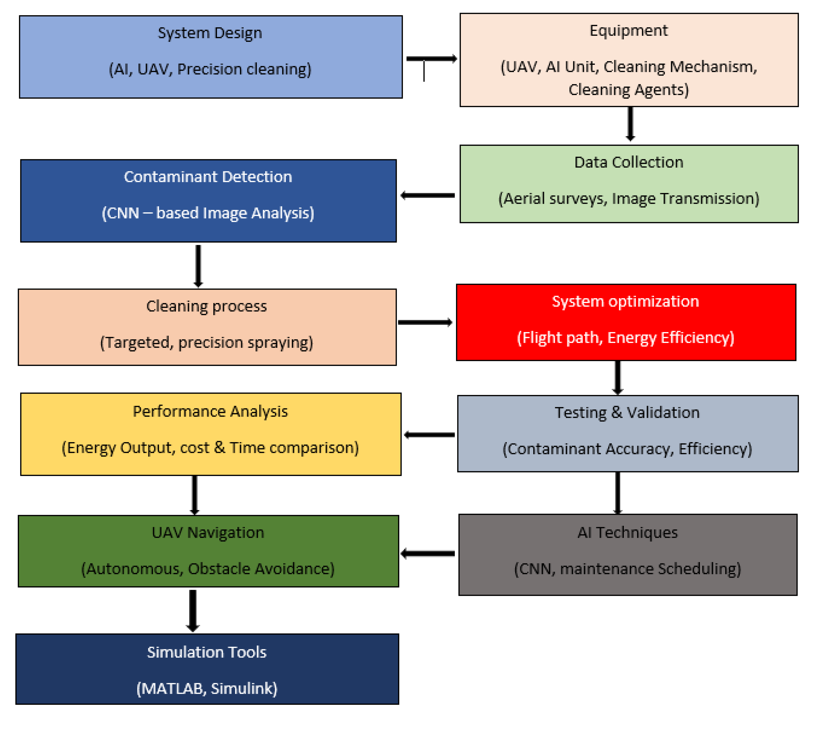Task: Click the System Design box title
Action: click(210, 33)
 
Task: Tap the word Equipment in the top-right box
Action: click(628, 30)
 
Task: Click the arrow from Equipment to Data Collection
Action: click(630, 123)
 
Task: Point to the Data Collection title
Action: click(628, 162)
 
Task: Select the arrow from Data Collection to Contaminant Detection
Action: click(428, 195)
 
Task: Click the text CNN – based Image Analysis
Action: click(208, 213)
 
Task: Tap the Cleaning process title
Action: click(207, 306)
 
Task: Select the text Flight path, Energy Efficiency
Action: click(625, 337)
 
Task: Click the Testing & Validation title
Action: click(627, 412)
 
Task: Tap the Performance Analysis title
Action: click(210, 411)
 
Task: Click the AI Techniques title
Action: click(627, 532)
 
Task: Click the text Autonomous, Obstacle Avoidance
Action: click(208, 569)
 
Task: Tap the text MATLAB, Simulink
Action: click(207, 689)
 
